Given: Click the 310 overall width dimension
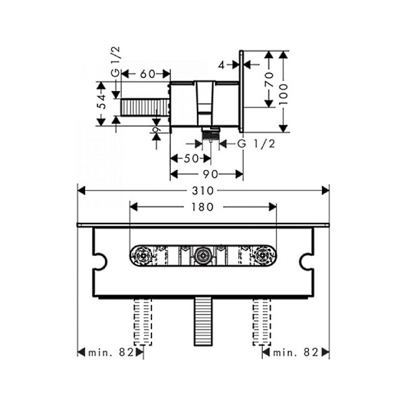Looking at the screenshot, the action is point(203,191).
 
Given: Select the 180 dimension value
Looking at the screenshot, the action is point(202,207).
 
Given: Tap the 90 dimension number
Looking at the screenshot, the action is point(211,174).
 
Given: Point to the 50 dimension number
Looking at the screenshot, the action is point(191,159).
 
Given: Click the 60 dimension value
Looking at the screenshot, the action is point(148,74).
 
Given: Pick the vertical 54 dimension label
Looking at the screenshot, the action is point(102,102).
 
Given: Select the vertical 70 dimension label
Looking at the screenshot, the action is point(269,79).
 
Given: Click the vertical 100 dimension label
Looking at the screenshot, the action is point(284,94).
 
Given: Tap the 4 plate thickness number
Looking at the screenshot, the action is point(221,65).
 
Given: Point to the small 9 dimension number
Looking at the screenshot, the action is point(157,129).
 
